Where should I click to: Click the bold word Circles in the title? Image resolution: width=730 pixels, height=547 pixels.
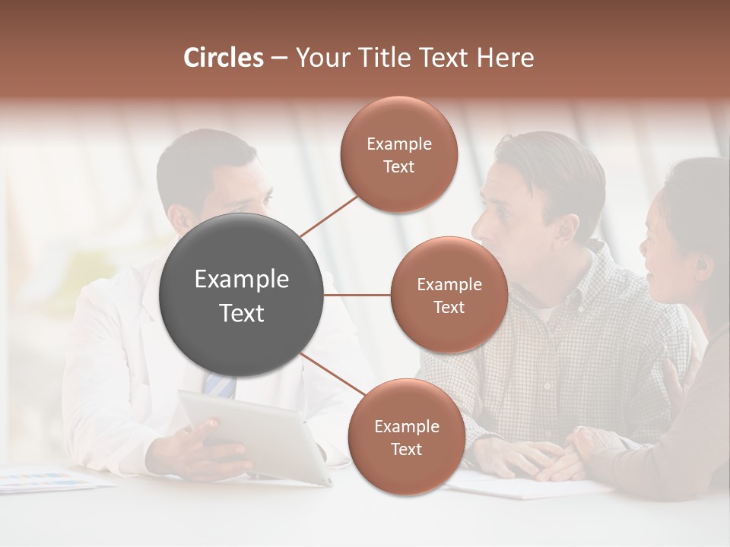pyautogui.click(x=223, y=58)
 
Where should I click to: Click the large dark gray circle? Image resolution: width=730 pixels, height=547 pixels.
pyautogui.click(x=242, y=295)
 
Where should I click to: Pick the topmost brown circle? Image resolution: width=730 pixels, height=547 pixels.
pyautogui.click(x=399, y=154)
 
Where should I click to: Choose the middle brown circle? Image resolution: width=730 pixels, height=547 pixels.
pyautogui.click(x=449, y=295)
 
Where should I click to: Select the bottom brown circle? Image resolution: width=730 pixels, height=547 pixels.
pyautogui.click(x=406, y=437)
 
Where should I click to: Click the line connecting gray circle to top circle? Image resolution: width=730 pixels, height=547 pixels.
pyautogui.click(x=328, y=217)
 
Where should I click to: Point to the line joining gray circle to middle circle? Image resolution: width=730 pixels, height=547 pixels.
pyautogui.click(x=357, y=295)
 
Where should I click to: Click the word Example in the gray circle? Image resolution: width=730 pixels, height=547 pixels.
pyautogui.click(x=242, y=280)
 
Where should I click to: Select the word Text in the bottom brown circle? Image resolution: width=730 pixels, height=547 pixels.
pyautogui.click(x=406, y=449)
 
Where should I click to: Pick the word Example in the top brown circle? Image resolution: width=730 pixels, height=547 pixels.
pyautogui.click(x=399, y=144)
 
